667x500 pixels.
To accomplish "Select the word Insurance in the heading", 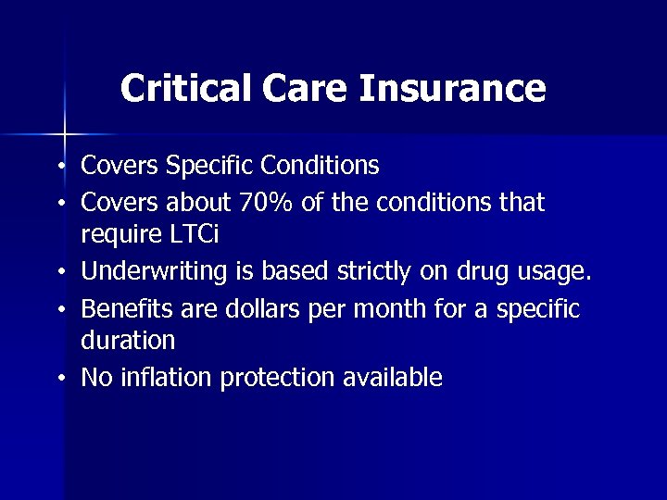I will [452, 89].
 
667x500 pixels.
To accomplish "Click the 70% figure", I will [267, 202].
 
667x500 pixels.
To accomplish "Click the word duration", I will [128, 341].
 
